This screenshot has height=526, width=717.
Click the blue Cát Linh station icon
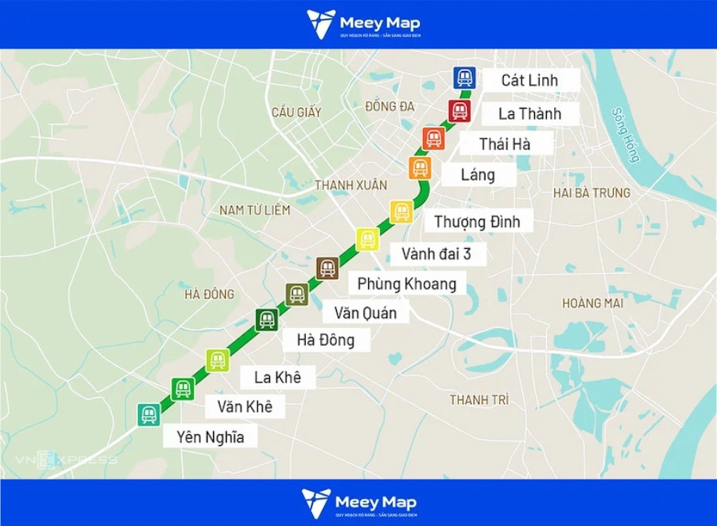(465, 77)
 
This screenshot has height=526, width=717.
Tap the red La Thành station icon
(459, 110)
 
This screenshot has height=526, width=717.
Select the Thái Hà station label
(505, 144)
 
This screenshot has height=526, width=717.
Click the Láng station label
(478, 175)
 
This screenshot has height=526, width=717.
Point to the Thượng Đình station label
(477, 221)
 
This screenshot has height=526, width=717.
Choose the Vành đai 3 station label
(443, 254)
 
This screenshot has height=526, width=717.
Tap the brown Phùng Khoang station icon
(327, 268)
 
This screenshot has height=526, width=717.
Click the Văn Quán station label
(365, 313)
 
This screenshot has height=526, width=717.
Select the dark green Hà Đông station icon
(267, 319)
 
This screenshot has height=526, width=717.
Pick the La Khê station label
(277, 377)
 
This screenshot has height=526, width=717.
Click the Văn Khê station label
(244, 407)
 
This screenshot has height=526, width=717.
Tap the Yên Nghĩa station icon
(149, 414)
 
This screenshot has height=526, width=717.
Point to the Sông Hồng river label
(626, 135)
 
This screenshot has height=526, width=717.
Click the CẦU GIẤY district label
(296, 113)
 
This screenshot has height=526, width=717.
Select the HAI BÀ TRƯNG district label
(592, 193)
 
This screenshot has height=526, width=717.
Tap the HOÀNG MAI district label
(592, 303)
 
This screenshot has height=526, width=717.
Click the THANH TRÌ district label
(479, 399)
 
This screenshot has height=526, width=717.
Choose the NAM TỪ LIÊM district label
(255, 210)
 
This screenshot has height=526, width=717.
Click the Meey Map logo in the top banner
(363, 24)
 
